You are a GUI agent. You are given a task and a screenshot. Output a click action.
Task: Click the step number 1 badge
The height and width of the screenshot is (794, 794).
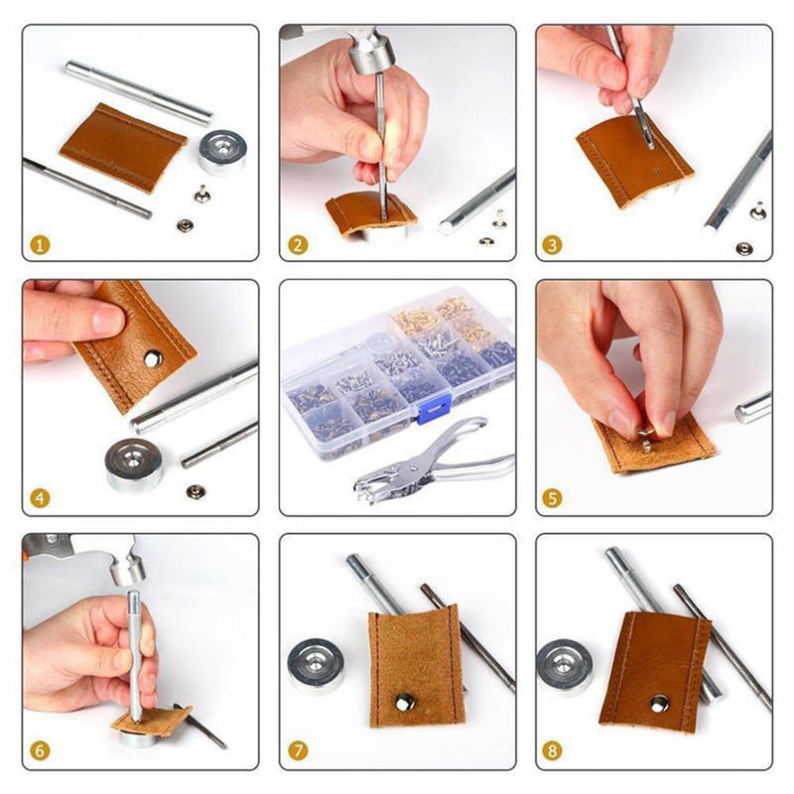pos(40,243)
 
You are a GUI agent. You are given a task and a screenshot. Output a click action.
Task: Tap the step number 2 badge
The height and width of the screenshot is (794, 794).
pos(297,243)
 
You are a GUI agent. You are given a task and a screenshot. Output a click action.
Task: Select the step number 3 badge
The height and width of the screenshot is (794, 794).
pos(554,243)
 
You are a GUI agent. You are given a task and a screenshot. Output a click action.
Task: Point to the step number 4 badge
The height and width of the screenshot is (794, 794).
pos(40,498)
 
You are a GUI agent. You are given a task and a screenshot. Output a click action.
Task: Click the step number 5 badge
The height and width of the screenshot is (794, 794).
pos(554,498)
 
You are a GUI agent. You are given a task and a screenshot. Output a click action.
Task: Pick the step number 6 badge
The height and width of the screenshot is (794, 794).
pos(40,751)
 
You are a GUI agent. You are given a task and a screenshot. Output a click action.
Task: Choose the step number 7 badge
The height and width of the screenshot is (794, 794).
pos(297,751)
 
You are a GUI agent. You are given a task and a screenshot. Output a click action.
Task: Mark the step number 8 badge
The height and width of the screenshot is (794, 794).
pos(554,751)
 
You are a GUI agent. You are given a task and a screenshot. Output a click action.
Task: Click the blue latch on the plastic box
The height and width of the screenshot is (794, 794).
pos(434,407)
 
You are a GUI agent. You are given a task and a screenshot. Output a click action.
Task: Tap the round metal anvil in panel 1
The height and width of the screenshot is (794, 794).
pos(221,151)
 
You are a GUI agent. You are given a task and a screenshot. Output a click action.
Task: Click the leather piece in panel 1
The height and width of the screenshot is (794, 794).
pos(123,147)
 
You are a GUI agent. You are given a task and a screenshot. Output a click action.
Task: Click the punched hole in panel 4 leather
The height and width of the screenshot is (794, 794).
pos(152,358)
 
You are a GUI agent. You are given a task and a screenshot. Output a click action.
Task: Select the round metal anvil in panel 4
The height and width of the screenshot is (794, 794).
pos(135,463)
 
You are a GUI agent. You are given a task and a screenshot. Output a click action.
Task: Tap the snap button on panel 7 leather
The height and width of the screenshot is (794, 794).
pos(404,703)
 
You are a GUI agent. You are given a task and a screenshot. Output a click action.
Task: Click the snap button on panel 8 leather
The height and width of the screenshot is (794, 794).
pos(658,704)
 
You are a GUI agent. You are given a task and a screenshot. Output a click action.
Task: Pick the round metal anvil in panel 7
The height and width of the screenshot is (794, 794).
pos(316,665)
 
